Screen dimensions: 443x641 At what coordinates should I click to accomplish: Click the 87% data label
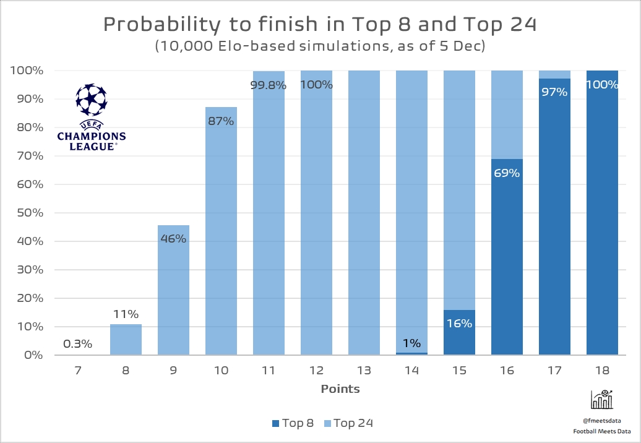coord(221,121)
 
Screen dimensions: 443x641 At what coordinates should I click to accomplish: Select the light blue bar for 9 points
coord(173,291)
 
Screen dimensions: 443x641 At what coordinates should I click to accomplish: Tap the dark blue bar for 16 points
coord(507,260)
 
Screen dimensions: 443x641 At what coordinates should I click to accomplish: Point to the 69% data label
coord(507,173)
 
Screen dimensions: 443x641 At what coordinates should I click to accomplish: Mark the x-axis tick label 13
coord(364,371)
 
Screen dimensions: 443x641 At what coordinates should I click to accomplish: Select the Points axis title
coord(340,389)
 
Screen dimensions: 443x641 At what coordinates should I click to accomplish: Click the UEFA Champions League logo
coord(91,118)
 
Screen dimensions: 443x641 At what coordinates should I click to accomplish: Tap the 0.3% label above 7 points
coord(77,343)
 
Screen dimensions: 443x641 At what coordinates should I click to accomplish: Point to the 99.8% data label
coord(269,85)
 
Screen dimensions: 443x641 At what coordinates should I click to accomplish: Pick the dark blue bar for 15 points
coord(459,332)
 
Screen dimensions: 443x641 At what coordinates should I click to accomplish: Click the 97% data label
coord(554,92)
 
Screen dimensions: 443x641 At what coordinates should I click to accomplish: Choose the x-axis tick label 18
coord(602,371)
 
